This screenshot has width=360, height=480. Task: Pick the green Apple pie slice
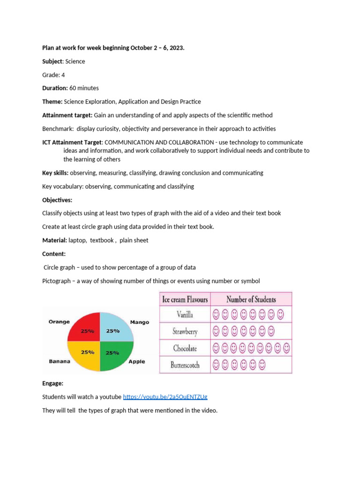point(115,354)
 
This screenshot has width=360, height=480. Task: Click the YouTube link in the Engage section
point(165,397)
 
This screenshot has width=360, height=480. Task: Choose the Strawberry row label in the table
point(185,331)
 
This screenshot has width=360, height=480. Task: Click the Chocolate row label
point(185,348)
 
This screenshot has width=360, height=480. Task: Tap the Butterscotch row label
point(185,365)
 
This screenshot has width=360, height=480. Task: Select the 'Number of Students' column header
point(251,299)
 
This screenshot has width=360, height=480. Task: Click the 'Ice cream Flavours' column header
point(185,299)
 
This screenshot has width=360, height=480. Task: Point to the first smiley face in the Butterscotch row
point(216,364)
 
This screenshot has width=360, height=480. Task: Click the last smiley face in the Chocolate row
point(286,348)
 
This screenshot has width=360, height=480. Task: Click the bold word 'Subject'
point(52,61)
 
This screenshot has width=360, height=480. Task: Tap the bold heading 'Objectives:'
point(57,200)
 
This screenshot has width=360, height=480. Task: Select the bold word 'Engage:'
point(53,383)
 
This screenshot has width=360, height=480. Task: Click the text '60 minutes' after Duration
point(84,88)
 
